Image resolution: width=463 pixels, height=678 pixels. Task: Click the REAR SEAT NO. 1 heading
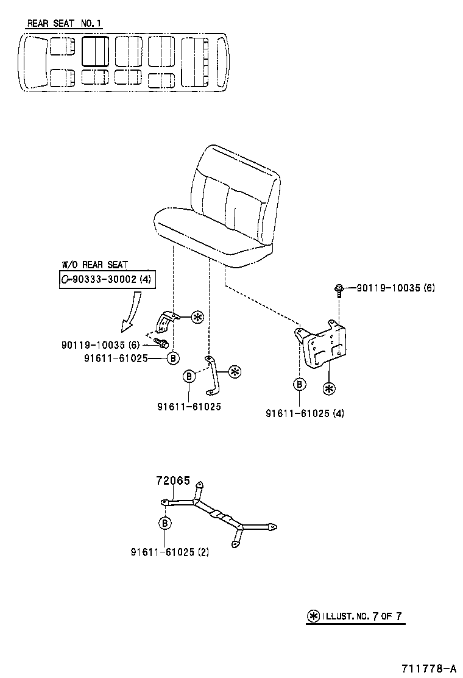tap(65, 24)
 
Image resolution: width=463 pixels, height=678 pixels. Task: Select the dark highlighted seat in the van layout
tap(95, 51)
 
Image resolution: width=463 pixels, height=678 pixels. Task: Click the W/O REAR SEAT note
tap(95, 265)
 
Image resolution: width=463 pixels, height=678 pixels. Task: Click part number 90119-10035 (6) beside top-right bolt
tap(395, 287)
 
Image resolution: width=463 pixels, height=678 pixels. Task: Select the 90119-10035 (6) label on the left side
tap(101, 345)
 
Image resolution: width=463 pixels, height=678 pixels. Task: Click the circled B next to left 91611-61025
tap(172, 359)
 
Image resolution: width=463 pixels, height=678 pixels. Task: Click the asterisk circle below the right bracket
tap(330, 388)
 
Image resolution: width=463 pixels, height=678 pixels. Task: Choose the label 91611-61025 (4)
tap(305, 413)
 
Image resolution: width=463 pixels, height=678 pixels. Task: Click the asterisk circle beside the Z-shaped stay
tap(235, 371)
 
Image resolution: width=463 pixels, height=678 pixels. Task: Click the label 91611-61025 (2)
tap(169, 552)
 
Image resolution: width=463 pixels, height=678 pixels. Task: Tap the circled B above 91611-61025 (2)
tap(165, 523)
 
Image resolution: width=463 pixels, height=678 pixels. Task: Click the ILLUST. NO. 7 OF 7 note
tap(355, 616)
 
